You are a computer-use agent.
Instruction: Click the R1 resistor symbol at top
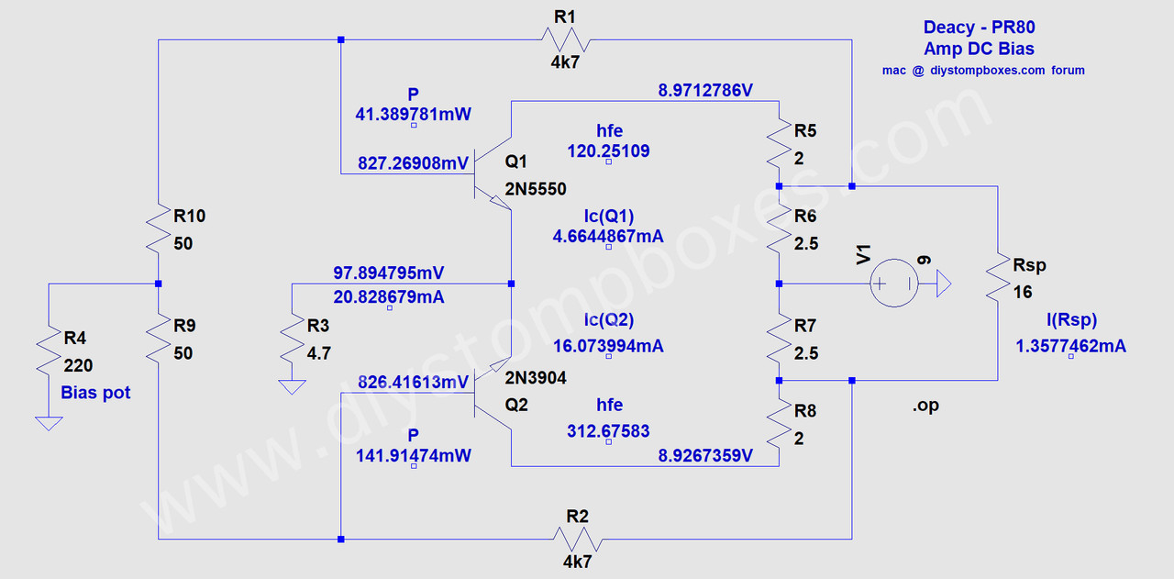point(565,39)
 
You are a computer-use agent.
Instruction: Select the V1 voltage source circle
point(892,284)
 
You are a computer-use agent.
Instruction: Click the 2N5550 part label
point(536,189)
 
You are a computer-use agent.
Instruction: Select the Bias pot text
point(95,393)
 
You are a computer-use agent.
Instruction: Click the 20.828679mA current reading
point(390,297)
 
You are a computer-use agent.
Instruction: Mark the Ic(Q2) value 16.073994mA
point(608,346)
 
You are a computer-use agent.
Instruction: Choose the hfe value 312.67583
point(609,431)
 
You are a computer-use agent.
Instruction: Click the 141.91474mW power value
point(413,454)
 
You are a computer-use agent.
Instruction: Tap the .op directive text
point(925,406)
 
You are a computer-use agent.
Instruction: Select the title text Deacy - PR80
point(979,28)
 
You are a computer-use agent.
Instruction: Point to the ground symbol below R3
point(293,386)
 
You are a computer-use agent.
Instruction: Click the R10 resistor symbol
point(159,230)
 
